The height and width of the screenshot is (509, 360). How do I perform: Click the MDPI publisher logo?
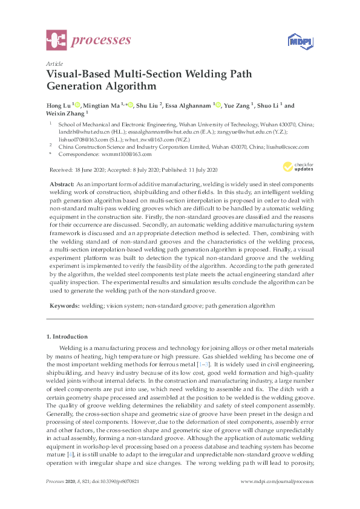[303, 42]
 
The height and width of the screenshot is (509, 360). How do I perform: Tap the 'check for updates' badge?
[298, 166]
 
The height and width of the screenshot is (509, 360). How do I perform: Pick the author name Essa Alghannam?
[191, 105]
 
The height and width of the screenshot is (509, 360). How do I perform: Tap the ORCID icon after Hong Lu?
[78, 105]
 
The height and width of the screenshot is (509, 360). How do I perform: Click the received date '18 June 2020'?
[90, 169]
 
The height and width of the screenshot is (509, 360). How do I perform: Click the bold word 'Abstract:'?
[60, 183]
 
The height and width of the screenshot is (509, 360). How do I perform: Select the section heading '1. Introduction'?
[68, 336]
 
